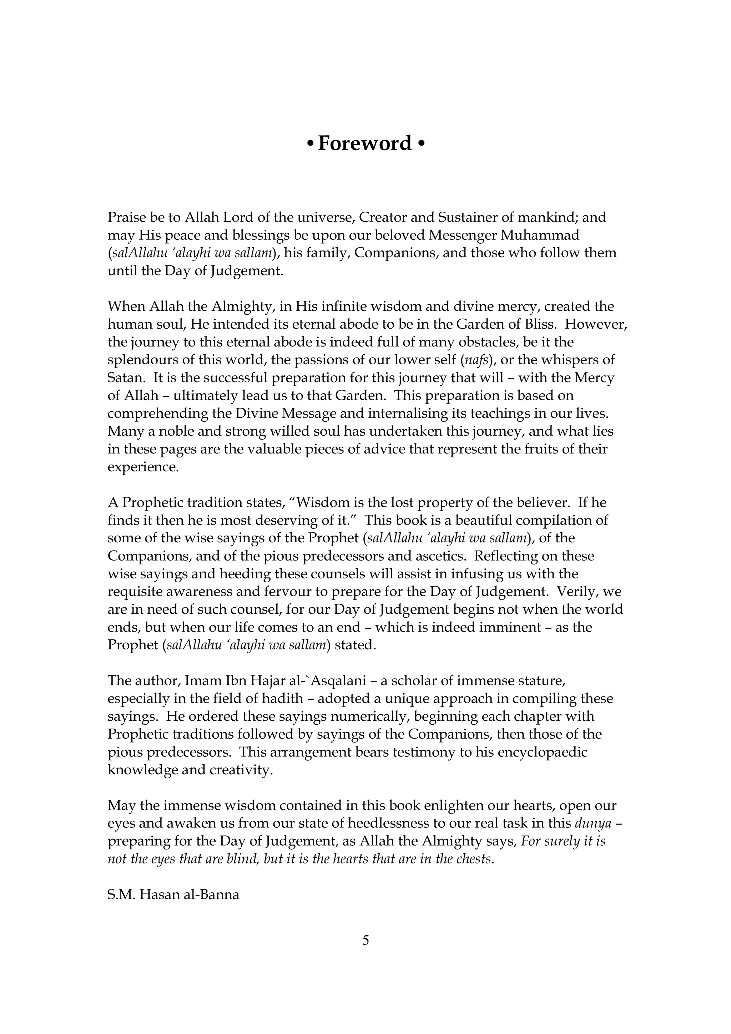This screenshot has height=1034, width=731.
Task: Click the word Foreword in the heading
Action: point(364,144)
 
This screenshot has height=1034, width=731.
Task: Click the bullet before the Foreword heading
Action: point(310,144)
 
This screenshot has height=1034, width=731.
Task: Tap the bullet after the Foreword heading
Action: point(421,144)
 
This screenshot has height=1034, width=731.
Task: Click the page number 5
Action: point(365,940)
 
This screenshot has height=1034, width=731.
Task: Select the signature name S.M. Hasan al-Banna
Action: point(173,894)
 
